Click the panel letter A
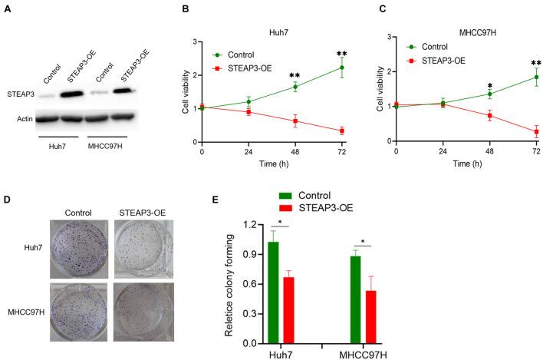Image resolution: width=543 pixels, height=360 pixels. coord(8,8)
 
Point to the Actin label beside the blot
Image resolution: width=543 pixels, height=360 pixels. coord(21,118)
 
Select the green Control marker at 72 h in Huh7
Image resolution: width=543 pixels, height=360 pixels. coord(341,68)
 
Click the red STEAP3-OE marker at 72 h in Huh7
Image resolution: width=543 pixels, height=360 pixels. coord(341,131)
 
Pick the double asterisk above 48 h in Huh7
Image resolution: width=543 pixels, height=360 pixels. coord(295,75)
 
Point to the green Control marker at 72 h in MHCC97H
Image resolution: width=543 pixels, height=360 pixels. coord(535,77)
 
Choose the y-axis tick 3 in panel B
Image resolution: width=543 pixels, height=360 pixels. coord(196,41)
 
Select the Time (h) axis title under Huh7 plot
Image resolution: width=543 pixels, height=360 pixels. coord(271,163)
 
